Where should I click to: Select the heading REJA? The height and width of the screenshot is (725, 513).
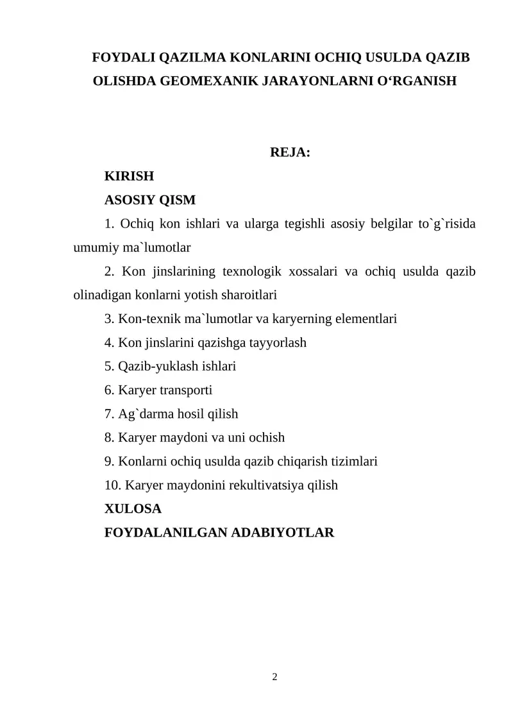click(290, 153)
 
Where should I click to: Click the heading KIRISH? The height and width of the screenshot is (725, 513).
click(129, 176)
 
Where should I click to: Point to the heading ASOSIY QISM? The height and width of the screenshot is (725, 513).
click(149, 200)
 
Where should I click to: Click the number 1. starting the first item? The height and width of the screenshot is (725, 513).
click(109, 224)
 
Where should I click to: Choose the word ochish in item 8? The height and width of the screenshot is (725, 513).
click(265, 437)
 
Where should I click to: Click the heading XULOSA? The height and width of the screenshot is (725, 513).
click(133, 508)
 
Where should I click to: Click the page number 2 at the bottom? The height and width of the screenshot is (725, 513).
click(274, 677)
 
